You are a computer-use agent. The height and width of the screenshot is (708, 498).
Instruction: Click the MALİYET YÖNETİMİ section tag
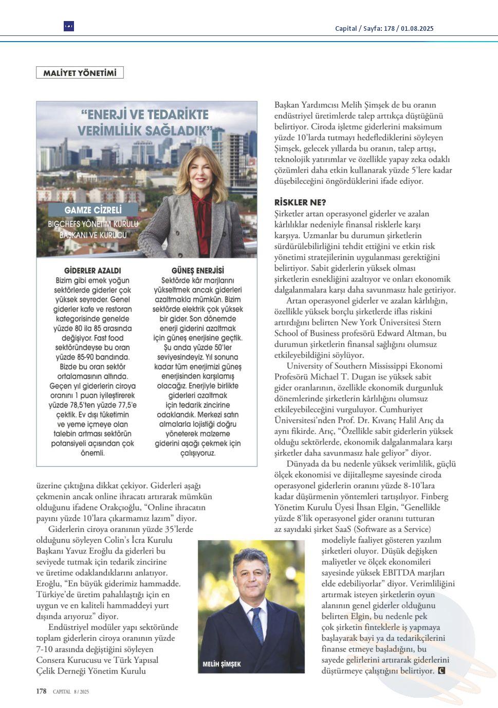tap(80, 73)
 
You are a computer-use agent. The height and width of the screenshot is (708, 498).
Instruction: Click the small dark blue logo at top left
tap(68, 26)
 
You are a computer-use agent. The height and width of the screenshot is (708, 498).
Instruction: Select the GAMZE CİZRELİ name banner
tap(93, 210)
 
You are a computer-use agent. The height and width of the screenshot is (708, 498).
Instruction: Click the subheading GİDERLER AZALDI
tap(93, 270)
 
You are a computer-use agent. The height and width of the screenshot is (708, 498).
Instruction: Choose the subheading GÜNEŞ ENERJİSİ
tap(198, 270)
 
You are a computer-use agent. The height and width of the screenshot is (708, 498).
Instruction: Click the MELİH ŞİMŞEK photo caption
tap(222, 664)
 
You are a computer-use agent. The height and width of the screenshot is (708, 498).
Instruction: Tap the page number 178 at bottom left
tap(41, 691)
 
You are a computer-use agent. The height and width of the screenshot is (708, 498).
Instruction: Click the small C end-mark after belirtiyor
tap(441, 671)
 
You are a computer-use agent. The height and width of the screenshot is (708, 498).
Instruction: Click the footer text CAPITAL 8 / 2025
tap(71, 692)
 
